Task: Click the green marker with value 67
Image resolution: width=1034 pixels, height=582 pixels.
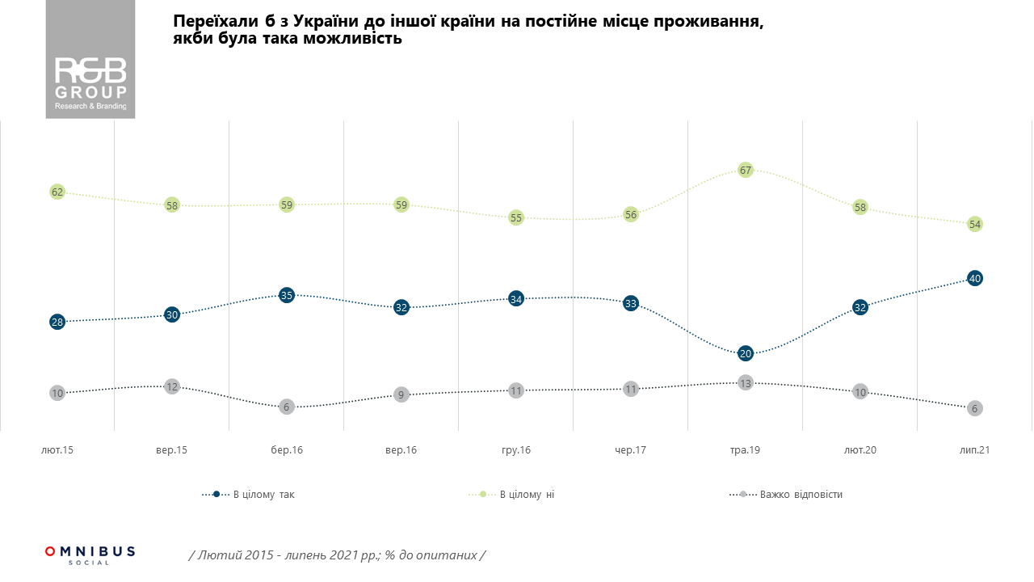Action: click(x=746, y=171)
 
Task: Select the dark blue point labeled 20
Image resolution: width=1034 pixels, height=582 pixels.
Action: click(x=746, y=353)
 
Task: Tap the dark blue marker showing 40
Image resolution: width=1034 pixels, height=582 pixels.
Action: click(x=975, y=278)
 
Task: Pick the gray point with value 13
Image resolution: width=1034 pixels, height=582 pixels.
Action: click(x=746, y=383)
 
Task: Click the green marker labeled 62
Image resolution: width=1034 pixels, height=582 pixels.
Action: click(x=57, y=192)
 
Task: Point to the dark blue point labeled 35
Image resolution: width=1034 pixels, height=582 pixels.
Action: click(x=287, y=295)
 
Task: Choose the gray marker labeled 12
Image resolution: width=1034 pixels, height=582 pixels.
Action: click(x=172, y=386)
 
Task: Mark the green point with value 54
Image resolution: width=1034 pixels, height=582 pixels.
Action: click(x=975, y=224)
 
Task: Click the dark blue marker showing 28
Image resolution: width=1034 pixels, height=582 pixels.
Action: click(x=57, y=322)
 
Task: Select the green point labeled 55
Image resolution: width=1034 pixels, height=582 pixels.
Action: click(x=516, y=217)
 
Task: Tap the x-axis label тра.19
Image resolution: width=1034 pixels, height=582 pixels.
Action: click(x=746, y=449)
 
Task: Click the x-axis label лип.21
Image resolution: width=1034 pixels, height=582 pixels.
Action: click(x=975, y=449)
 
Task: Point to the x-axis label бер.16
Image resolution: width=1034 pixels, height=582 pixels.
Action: click(x=287, y=449)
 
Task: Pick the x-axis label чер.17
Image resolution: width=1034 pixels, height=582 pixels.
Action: click(x=631, y=449)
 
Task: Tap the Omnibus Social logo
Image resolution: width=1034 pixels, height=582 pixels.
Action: click(x=90, y=555)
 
